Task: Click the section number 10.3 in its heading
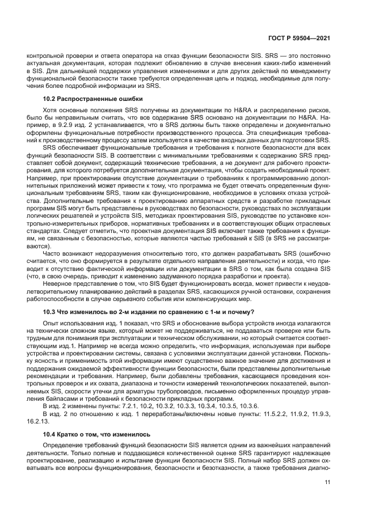point(51,312)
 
